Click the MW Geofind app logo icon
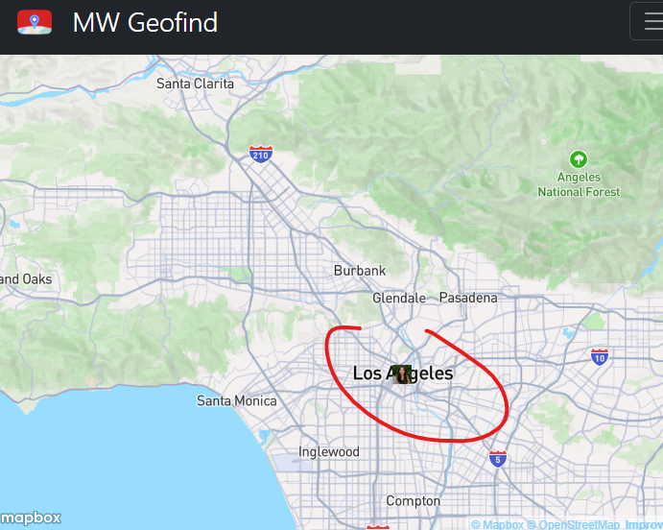[35, 21]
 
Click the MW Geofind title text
[145, 22]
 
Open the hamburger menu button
[650, 22]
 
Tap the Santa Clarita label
[195, 84]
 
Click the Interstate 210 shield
[260, 155]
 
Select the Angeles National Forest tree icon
[578, 159]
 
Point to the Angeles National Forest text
[579, 184]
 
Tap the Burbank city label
[360, 271]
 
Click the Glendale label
[398, 298]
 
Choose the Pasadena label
[468, 298]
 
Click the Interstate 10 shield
[600, 356]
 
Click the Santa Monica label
[236, 400]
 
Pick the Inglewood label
[328, 451]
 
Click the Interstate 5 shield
[497, 459]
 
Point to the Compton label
[413, 500]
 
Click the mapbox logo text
[31, 518]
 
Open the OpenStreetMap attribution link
[578, 524]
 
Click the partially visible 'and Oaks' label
[26, 278]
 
